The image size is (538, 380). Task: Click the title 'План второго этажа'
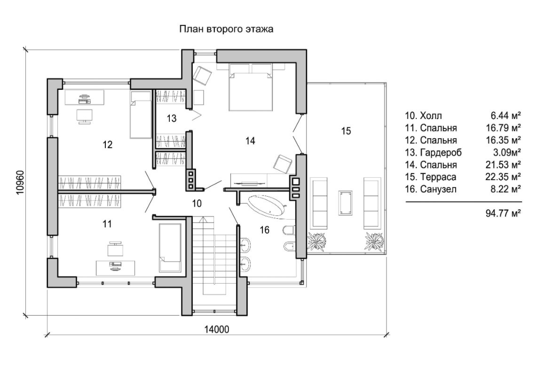coord(227,29)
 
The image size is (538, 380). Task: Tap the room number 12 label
coord(108,144)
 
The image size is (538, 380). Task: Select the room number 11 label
coord(107,224)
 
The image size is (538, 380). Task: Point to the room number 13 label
coord(171,118)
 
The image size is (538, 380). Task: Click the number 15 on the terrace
coord(346,131)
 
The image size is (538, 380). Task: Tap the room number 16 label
coord(265,230)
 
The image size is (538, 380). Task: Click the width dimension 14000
coord(217,329)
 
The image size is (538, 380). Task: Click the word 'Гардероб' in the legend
coord(441,152)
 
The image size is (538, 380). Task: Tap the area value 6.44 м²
coord(505,116)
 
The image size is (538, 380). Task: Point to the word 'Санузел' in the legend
coord(437,189)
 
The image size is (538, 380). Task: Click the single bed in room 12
coord(140,114)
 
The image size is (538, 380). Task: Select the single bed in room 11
coord(170,247)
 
